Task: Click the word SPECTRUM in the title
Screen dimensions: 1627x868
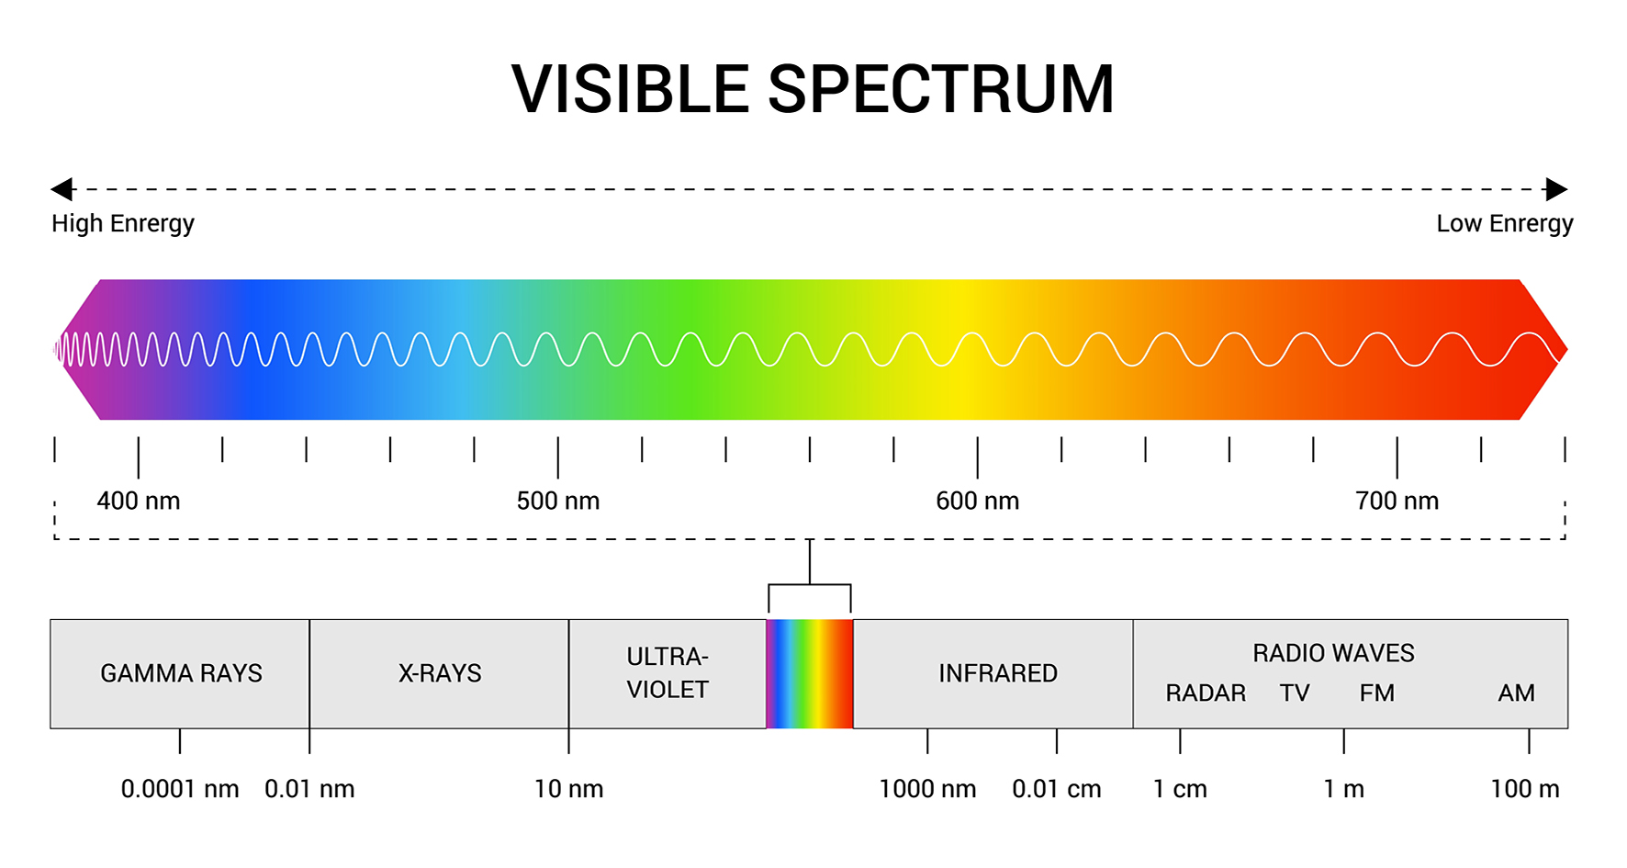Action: click(941, 90)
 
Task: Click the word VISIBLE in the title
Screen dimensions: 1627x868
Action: click(631, 90)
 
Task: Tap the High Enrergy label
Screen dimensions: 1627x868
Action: click(123, 224)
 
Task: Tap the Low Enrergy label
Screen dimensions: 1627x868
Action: click(1505, 224)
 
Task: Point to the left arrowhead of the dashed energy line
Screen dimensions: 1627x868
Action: click(62, 189)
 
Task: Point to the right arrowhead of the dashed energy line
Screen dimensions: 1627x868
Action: click(1556, 189)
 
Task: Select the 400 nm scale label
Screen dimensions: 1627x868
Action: click(139, 501)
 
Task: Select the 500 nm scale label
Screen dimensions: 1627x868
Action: click(558, 501)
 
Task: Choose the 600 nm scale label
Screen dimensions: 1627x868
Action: click(978, 501)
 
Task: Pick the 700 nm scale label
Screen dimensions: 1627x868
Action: click(1397, 501)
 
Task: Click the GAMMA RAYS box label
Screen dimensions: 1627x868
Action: click(181, 673)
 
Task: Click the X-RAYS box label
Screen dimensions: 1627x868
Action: click(440, 673)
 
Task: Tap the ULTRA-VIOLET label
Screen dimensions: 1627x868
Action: click(668, 673)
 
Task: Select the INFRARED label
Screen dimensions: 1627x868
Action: click(998, 673)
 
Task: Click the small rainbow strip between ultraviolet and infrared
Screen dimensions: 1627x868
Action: click(810, 674)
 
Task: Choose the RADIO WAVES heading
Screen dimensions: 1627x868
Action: click(1333, 653)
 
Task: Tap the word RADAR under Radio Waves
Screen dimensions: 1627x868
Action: click(1206, 693)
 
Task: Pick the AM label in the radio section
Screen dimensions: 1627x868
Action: click(1517, 693)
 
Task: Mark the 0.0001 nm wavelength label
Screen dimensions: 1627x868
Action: click(180, 789)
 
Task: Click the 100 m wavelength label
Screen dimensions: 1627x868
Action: click(1525, 789)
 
